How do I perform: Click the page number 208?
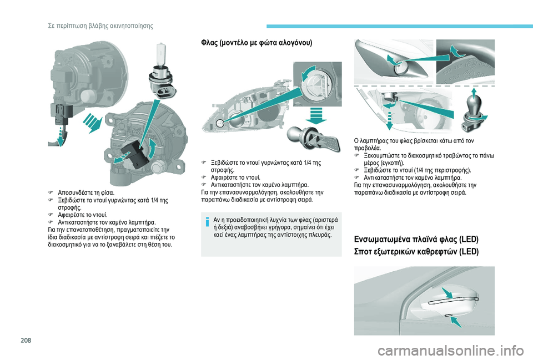point(26,340)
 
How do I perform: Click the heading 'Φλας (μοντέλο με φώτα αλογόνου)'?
point(257,43)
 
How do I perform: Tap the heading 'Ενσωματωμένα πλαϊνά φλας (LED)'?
point(416,239)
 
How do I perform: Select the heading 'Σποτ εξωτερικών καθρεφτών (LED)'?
point(416,251)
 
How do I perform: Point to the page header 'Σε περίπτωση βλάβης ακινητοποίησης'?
point(100,26)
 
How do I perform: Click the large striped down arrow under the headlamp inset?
point(315,115)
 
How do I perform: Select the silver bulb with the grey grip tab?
point(313,139)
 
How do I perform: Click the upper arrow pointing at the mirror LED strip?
point(447,293)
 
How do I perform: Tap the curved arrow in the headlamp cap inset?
point(311,73)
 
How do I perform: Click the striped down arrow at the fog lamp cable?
point(60,136)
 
